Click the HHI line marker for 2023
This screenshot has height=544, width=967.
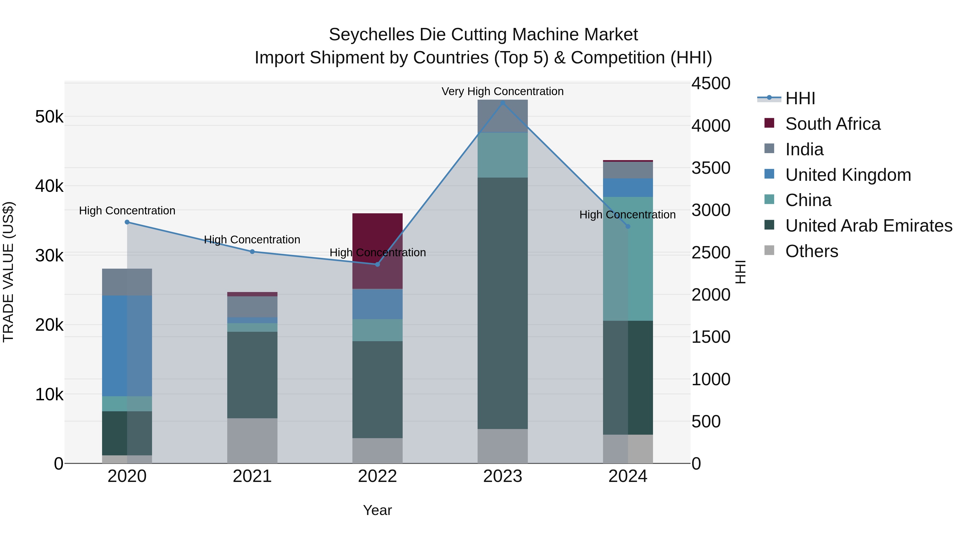coord(503,103)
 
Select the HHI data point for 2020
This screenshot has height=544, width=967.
coord(127,222)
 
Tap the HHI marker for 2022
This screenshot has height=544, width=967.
coord(378,264)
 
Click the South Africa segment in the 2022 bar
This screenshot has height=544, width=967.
coord(378,240)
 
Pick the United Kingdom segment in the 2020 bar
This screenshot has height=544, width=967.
coord(127,345)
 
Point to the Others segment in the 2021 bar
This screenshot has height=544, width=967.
coord(252,441)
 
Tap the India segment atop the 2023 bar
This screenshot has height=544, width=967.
coord(503,116)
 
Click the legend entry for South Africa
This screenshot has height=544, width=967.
coord(833,124)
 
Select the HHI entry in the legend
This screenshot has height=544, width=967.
coord(800,98)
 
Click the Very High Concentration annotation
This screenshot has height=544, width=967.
coord(502,91)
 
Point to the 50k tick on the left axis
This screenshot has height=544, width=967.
coord(49,117)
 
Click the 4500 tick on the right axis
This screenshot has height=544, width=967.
coord(710,83)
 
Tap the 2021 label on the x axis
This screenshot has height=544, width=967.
coord(252,476)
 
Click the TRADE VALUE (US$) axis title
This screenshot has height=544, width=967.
coord(8,272)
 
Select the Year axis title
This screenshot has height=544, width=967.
coord(377,510)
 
